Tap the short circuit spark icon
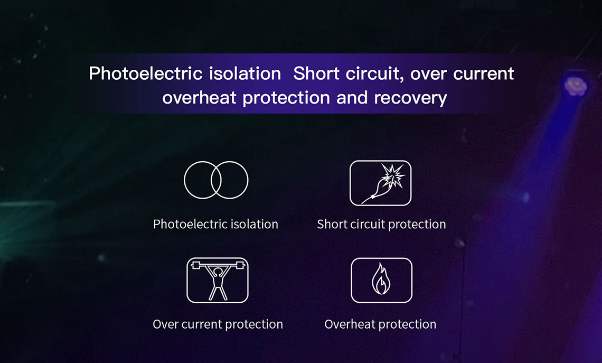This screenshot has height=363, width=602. [380, 183]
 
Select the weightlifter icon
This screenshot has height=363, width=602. [218, 280]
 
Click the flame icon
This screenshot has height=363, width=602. [381, 280]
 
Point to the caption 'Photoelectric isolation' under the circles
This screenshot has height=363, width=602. [215, 224]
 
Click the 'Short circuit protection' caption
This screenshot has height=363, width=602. [381, 225]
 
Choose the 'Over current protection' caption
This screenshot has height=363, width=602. [218, 324]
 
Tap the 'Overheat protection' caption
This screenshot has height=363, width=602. [380, 324]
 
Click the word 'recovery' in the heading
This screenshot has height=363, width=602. [410, 98]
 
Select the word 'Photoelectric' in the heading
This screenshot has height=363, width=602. [145, 73]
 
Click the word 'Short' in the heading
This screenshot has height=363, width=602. [316, 73]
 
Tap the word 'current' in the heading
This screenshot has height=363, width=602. [483, 74]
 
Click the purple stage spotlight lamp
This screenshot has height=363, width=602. [575, 85]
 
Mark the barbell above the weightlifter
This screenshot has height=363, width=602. [218, 265]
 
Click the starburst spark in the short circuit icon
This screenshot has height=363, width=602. [393, 175]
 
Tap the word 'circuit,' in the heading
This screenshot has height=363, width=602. [375, 74]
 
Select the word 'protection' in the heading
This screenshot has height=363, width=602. [286, 98]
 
